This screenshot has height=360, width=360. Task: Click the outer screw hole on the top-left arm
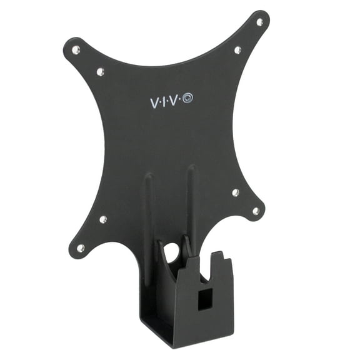click(x=76, y=49)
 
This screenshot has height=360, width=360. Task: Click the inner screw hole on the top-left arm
click(x=100, y=72)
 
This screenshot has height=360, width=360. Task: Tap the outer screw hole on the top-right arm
click(x=259, y=22)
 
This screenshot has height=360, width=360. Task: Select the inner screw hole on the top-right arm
click(x=237, y=50)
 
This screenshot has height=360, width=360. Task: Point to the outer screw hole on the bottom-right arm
click(x=256, y=211)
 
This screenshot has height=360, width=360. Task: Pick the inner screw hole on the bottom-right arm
click(x=235, y=192)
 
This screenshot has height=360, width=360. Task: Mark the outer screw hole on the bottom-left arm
click(x=81, y=248)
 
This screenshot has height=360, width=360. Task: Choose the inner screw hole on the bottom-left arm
click(x=103, y=219)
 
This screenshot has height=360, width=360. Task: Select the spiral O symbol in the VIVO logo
click(x=188, y=99)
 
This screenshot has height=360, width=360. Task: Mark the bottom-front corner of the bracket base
click(x=177, y=342)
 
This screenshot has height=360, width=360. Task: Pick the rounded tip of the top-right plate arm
click(x=262, y=18)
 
